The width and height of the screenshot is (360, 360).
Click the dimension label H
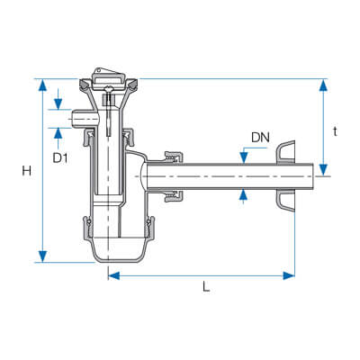click(x=27, y=171)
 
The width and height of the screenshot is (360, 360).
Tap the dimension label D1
click(x=60, y=157)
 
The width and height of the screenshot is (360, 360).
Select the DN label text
click(x=260, y=138)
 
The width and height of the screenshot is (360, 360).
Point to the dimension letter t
click(x=336, y=131)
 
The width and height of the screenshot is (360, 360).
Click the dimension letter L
click(x=206, y=286)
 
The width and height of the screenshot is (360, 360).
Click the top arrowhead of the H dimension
click(x=43, y=85)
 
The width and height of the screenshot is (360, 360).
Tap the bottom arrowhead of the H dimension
click(x=43, y=256)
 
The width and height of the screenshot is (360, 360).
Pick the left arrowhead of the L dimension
click(x=114, y=275)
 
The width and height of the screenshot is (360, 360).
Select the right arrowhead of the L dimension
click(x=289, y=275)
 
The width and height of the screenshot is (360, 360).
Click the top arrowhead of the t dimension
click(x=323, y=85)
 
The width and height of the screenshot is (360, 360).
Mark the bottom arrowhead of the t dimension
click(x=323, y=170)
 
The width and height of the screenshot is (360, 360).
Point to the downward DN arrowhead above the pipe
click(x=244, y=158)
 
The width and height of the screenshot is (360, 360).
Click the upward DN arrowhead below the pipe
click(x=244, y=195)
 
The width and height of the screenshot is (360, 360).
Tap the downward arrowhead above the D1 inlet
click(x=58, y=103)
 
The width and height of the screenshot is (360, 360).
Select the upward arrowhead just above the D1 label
click(x=58, y=133)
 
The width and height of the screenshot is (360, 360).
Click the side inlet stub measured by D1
click(x=85, y=119)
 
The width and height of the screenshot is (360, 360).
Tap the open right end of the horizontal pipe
click(x=313, y=176)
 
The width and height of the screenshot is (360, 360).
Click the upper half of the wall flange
click(x=285, y=152)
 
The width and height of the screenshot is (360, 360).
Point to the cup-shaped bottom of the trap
click(x=118, y=250)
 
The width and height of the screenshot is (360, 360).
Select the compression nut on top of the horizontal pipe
click(x=174, y=157)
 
